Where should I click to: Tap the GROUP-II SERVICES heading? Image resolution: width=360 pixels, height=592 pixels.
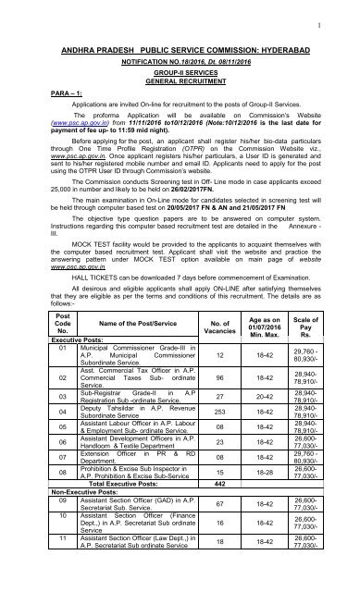[180, 72]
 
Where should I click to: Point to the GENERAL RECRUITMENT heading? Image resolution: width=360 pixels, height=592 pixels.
[180, 80]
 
